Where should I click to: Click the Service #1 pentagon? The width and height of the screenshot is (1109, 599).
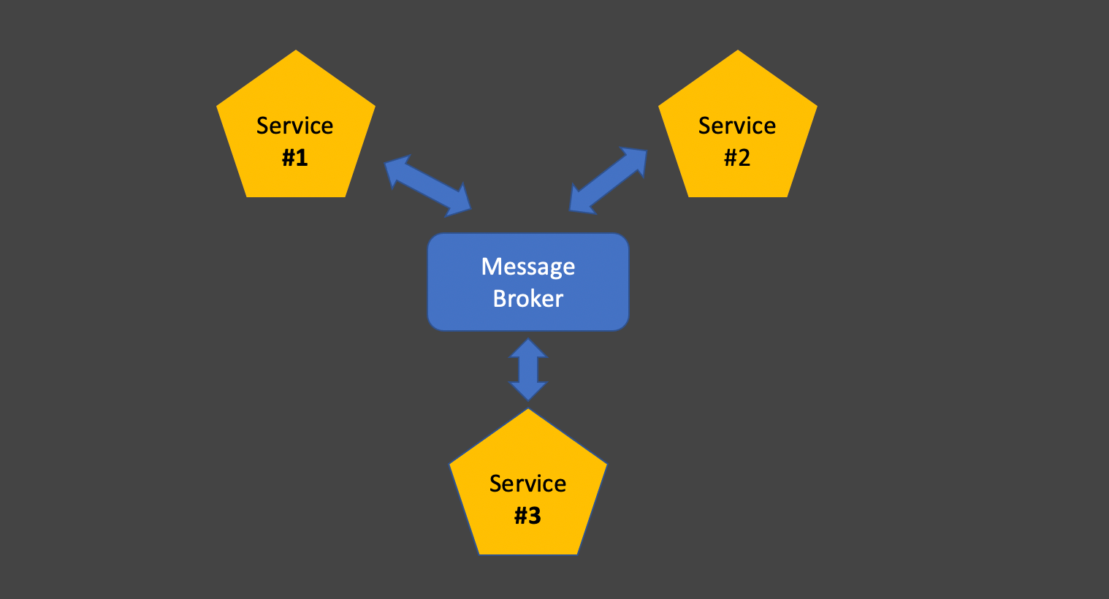296,129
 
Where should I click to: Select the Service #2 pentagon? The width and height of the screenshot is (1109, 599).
738,129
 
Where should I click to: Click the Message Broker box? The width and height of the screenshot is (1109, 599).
528,282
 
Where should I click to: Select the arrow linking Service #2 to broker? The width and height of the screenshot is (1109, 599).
609,180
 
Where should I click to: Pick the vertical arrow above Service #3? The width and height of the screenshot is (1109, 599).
528,370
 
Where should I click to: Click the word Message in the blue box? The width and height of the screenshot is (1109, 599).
528,267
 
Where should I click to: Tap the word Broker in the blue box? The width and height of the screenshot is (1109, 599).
528,299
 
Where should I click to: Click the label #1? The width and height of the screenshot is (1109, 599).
295,158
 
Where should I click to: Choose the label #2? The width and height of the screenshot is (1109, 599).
737,158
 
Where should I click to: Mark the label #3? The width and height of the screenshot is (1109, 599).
527,515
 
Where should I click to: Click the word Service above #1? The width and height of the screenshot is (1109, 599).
294,126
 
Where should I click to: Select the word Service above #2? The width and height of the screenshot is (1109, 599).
737,126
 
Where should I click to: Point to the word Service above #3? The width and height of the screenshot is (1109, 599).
527,484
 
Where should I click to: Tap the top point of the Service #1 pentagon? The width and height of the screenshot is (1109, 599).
296,50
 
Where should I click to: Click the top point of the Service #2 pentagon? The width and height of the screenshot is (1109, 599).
738,50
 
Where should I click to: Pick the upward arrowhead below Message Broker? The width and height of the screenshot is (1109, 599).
528,348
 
